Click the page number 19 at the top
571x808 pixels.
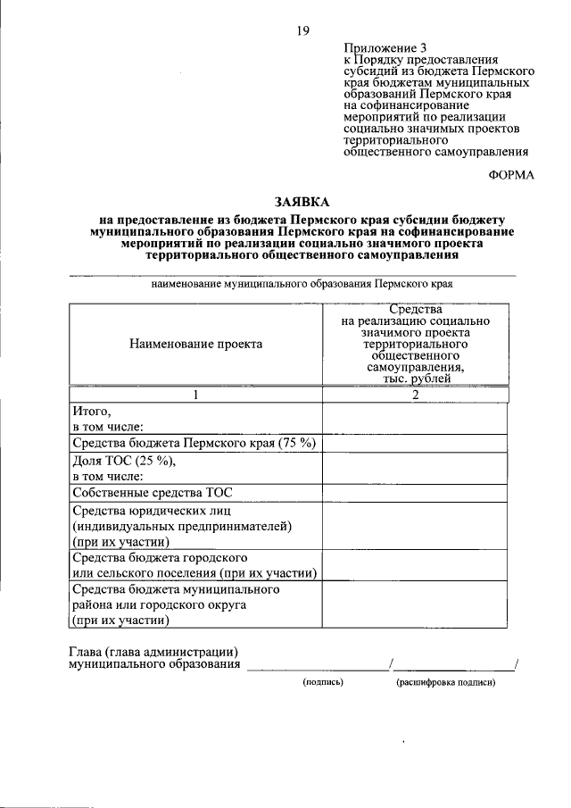(302, 31)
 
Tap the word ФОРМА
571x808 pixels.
(511, 174)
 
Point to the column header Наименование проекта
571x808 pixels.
(195, 344)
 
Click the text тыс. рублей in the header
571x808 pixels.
(415, 378)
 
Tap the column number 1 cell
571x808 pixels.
(195, 396)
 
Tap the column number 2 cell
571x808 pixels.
(415, 396)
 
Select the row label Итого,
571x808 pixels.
(91, 412)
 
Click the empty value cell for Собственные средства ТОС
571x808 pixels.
(414, 492)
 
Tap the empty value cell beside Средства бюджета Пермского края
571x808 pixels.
(414, 443)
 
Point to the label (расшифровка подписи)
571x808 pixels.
(446, 682)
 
